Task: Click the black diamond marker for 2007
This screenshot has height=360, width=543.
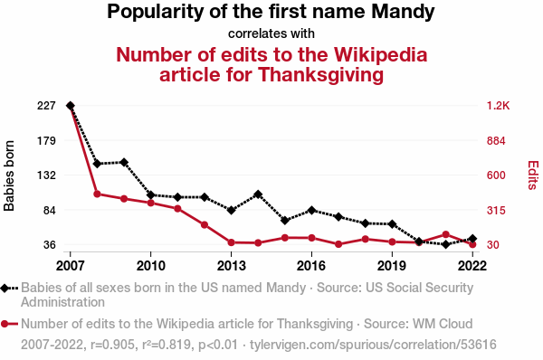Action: point(71,106)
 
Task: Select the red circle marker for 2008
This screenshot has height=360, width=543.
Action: point(98,194)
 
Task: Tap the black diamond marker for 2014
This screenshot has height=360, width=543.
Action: point(258,194)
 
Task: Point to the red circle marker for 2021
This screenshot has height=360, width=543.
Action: point(445,234)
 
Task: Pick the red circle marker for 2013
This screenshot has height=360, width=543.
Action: point(232,242)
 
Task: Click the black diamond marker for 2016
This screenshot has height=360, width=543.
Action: point(311,210)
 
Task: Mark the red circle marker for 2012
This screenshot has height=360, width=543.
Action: point(205,225)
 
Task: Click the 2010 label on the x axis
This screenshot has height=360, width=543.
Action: point(150,266)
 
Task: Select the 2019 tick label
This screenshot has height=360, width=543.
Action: point(392,266)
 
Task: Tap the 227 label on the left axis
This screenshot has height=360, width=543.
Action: point(46,106)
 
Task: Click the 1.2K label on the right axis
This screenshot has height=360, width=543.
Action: point(499,106)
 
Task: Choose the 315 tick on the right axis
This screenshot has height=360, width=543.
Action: point(496,210)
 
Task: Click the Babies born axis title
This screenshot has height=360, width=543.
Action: point(9,175)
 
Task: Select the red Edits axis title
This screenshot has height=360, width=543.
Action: point(533,175)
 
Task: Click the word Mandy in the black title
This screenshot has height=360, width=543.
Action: point(403,12)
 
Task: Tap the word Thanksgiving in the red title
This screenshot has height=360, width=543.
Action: point(320,75)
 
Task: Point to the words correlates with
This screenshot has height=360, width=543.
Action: point(271,33)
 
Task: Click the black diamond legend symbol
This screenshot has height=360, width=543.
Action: point(5,289)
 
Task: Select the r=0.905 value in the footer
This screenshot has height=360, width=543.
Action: point(112,345)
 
